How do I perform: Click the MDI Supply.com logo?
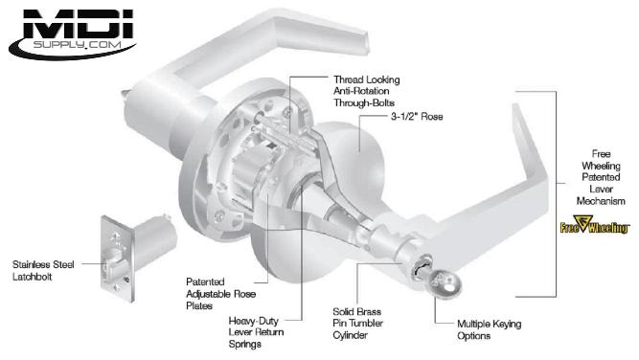tap(72, 34)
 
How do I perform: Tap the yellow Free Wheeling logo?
tap(595, 225)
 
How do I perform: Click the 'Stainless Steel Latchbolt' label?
tap(43, 270)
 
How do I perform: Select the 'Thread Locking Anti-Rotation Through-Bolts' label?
tap(366, 91)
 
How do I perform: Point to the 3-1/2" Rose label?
tap(417, 117)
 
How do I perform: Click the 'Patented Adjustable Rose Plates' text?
tap(220, 294)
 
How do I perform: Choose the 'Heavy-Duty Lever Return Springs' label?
tap(256, 332)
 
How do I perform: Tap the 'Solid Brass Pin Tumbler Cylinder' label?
tap(357, 324)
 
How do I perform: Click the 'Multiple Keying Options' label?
tap(489, 330)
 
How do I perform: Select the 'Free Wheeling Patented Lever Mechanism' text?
tap(601, 177)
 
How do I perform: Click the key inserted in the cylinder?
tap(444, 281)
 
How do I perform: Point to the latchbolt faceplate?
tap(118, 259)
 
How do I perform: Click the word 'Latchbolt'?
tap(33, 277)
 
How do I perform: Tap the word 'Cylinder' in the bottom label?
tap(350, 335)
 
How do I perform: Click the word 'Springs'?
tap(245, 345)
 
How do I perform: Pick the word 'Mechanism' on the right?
tap(601, 201)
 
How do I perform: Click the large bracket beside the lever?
tap(556, 193)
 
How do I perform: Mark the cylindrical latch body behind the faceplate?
tap(155, 241)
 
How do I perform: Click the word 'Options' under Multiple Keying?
tap(473, 336)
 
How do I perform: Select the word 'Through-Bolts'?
tap(364, 103)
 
